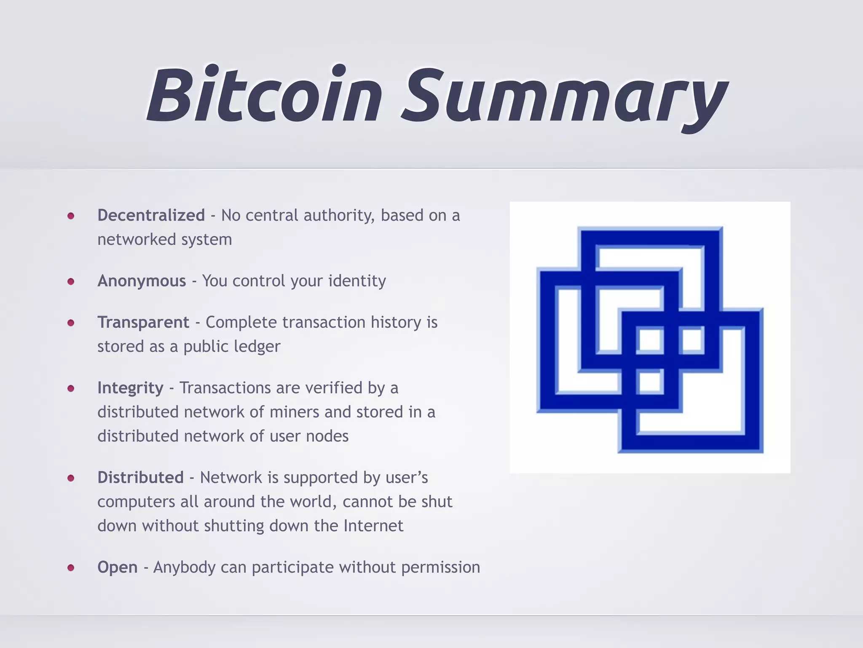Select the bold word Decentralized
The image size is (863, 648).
click(x=151, y=215)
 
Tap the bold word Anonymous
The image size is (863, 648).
click(x=142, y=281)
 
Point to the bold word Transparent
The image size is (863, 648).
click(x=143, y=322)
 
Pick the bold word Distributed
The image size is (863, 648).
click(x=140, y=478)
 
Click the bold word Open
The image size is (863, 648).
click(x=118, y=567)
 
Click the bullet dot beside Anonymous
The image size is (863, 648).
click(x=71, y=281)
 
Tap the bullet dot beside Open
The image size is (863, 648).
click(x=71, y=568)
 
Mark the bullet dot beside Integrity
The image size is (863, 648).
click(x=71, y=388)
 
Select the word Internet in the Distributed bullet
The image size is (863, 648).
click(x=373, y=526)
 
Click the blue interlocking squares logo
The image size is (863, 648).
click(x=650, y=337)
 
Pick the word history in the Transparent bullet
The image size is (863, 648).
click(x=396, y=322)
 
